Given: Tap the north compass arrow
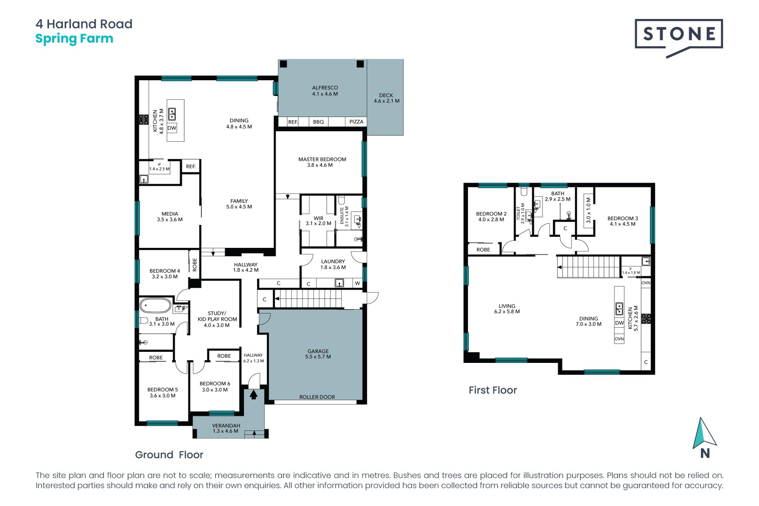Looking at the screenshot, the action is pyautogui.click(x=704, y=433).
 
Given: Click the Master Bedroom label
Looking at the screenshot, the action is pyautogui.click(x=322, y=162).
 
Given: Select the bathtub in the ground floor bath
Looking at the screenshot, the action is pyautogui.click(x=155, y=306).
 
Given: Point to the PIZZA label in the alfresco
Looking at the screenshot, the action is pyautogui.click(x=356, y=122).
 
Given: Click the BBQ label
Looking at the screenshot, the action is pyautogui.click(x=318, y=122).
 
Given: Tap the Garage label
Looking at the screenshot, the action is pyautogui.click(x=318, y=354).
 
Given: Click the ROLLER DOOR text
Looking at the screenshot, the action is pyautogui.click(x=317, y=397).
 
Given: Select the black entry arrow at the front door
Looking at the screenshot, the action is pyautogui.click(x=253, y=394).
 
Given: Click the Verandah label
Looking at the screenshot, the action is pyautogui.click(x=226, y=428).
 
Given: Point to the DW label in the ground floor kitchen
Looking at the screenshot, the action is pyautogui.click(x=172, y=128).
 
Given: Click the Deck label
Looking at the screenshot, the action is pyautogui.click(x=386, y=98).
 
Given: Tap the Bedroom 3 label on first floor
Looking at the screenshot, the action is pyautogui.click(x=623, y=221).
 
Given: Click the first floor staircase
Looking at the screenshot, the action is pyautogui.click(x=589, y=267).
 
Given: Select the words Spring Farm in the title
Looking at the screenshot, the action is pyautogui.click(x=74, y=39).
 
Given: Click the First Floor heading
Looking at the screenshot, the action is pyautogui.click(x=493, y=390).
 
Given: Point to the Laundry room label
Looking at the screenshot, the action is pyautogui.click(x=333, y=264).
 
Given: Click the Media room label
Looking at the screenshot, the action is pyautogui.click(x=170, y=217).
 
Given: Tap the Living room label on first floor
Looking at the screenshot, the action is pyautogui.click(x=507, y=309).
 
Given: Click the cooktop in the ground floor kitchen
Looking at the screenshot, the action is pyautogui.click(x=143, y=119).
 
